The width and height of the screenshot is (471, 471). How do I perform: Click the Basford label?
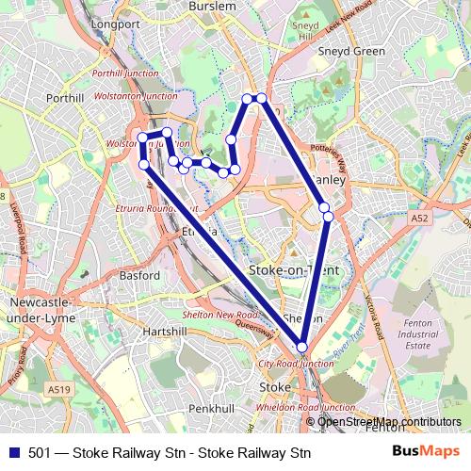click(x=140, y=276)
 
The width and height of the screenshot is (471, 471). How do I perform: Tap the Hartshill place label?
click(x=166, y=333)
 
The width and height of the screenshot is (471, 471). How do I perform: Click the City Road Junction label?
click(x=296, y=364)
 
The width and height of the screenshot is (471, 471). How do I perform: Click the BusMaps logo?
click(x=425, y=452)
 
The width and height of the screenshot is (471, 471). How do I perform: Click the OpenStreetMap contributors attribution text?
click(x=389, y=421)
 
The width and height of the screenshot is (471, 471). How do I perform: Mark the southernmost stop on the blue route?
click(x=301, y=347)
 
